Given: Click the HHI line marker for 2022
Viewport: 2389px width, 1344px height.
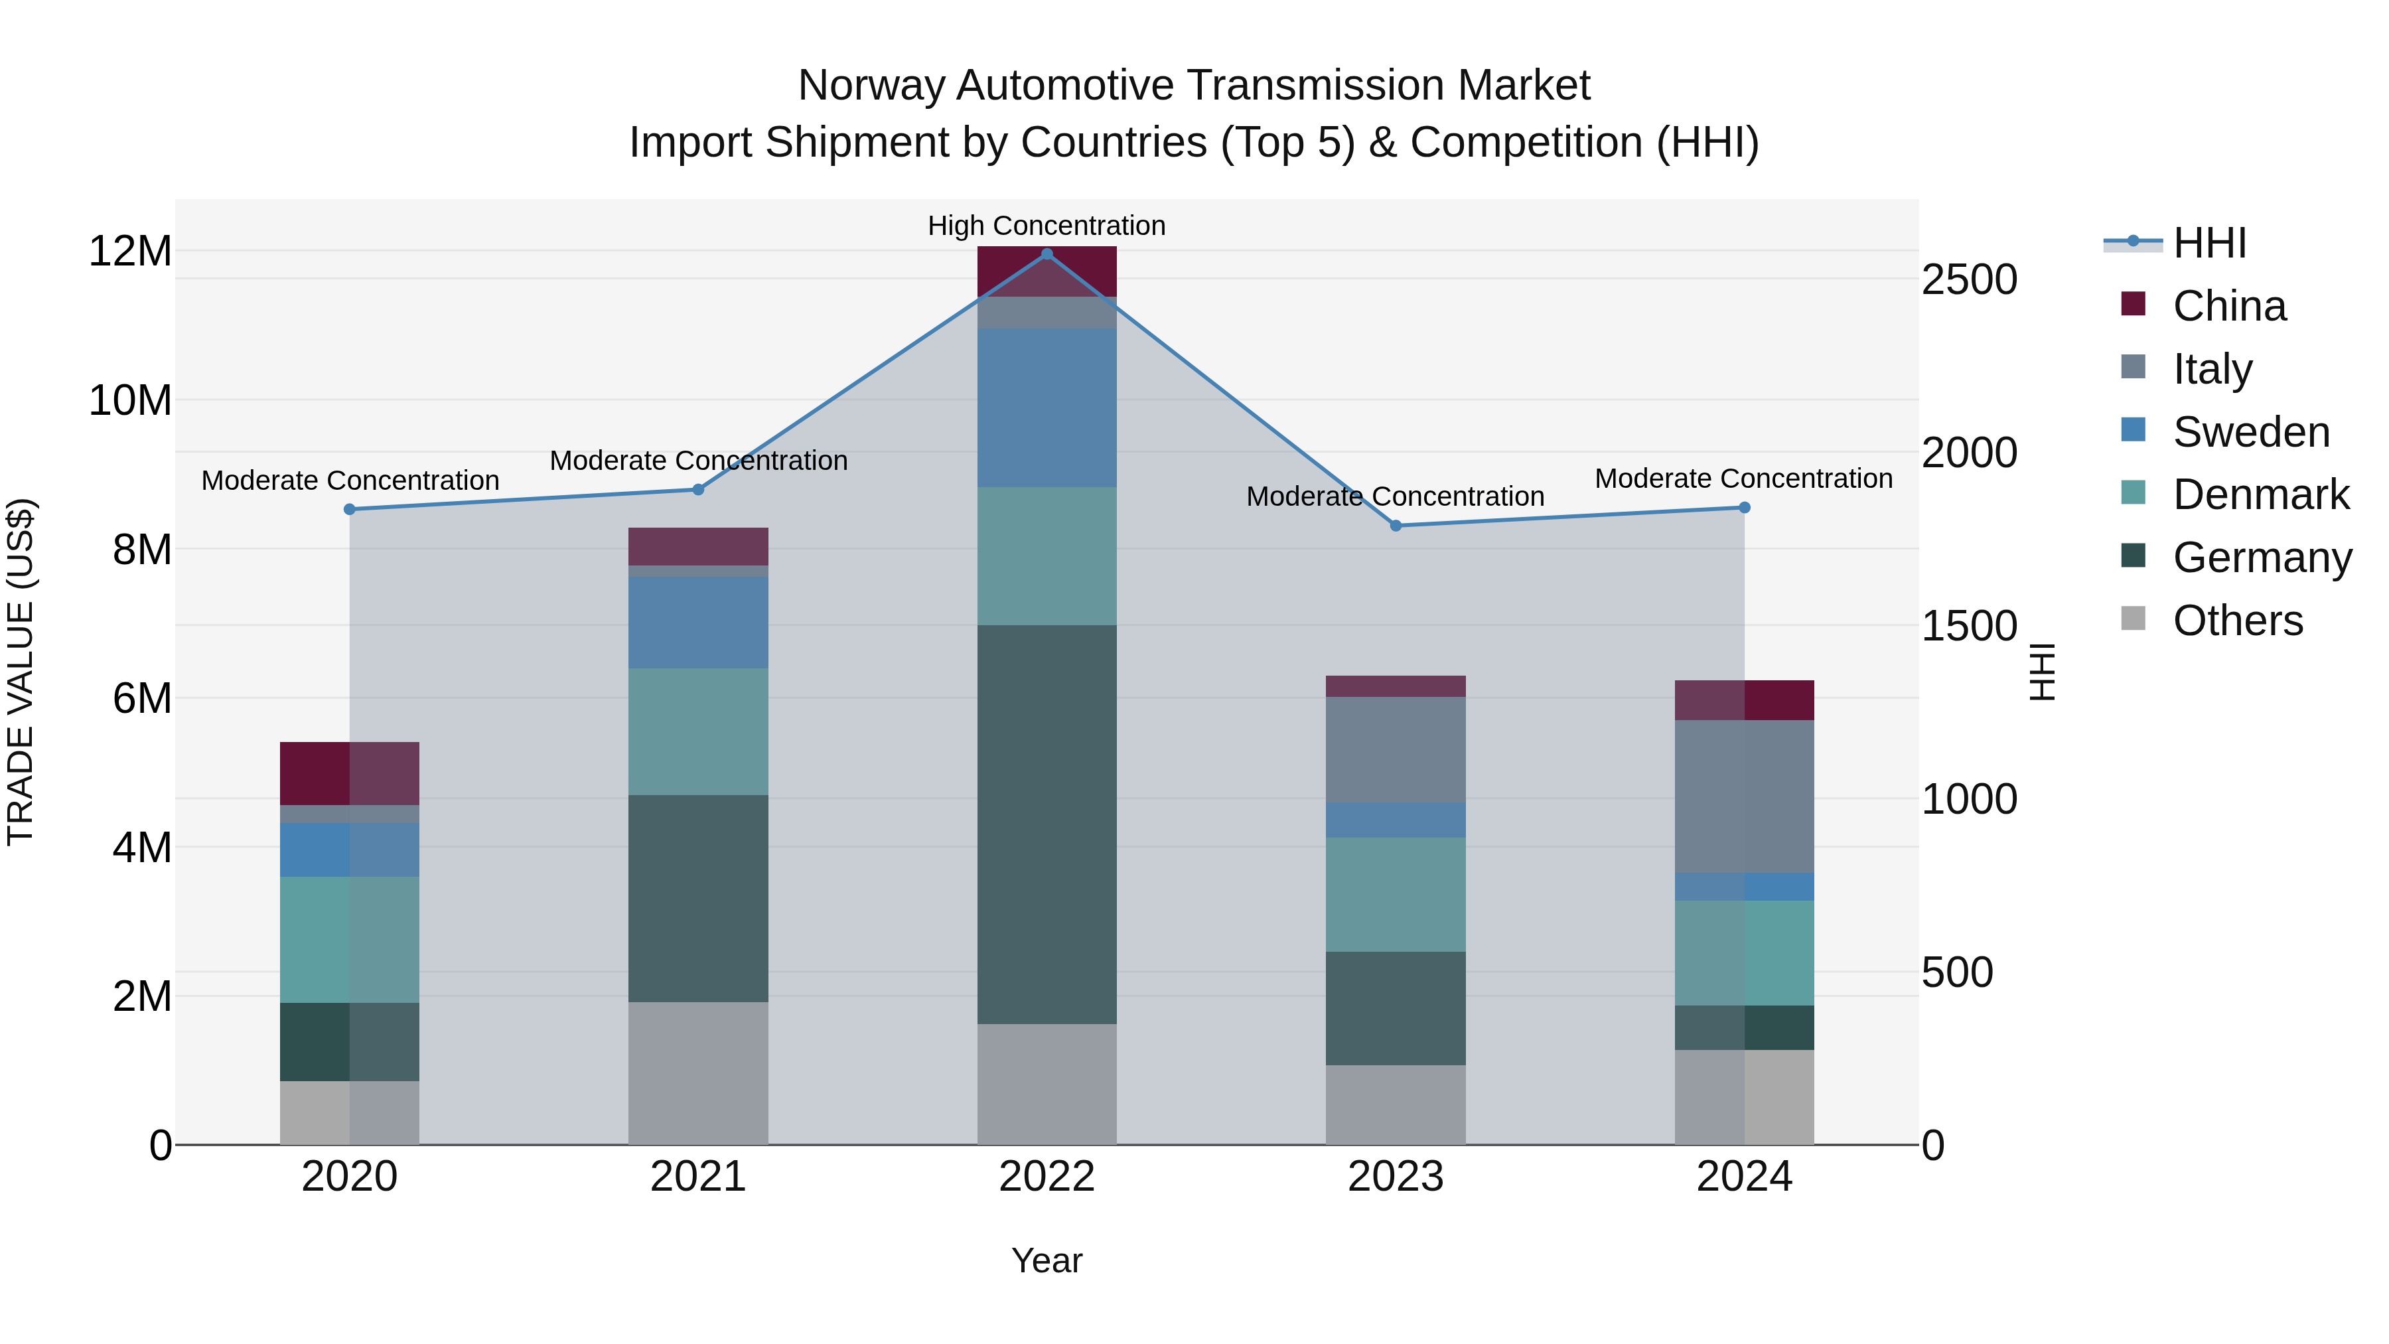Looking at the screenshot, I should coord(1047,254).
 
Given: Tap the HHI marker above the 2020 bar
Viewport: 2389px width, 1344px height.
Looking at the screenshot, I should coord(350,509).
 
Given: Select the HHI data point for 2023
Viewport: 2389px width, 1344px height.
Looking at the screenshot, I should coord(1396,526).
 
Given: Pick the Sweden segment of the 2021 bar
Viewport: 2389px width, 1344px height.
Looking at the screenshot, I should coord(698,623).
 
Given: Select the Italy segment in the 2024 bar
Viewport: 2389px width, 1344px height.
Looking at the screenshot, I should coord(1745,796).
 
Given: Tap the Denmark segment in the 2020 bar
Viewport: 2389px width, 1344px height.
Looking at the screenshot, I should coord(350,940).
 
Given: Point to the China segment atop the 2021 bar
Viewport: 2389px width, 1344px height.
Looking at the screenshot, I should coord(698,546).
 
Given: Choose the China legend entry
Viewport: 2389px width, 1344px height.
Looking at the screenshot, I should coord(2228,306).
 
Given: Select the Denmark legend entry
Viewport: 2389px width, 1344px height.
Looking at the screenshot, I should coord(2260,494).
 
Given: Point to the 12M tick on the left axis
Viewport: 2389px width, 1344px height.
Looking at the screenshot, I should coord(130,252).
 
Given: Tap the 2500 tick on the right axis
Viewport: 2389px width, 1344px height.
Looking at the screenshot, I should coord(1969,279).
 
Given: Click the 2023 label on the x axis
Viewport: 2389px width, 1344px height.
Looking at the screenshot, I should coord(1396,1177).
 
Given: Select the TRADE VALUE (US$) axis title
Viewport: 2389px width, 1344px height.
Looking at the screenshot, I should coord(21,672).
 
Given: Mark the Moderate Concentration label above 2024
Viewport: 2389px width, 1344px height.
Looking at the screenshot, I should coord(1743,479).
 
